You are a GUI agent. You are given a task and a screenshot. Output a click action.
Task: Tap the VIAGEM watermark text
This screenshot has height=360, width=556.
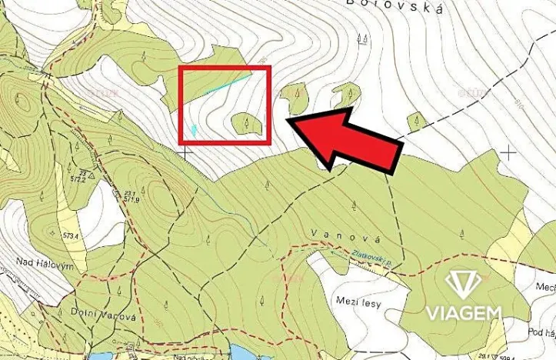pyautogui.click(x=464, y=312)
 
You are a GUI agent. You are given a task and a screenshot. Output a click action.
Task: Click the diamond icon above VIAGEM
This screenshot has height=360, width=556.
pyautogui.click(x=464, y=284)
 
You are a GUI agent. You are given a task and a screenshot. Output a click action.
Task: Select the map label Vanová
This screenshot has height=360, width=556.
pyautogui.click(x=337, y=233)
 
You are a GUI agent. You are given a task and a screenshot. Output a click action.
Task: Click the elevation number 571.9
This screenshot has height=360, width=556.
pyautogui.click(x=132, y=199)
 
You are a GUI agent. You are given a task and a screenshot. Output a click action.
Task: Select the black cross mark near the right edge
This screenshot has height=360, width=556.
pyautogui.click(x=508, y=152)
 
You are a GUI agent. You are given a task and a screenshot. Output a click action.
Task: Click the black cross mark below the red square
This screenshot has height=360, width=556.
pyautogui.click(x=185, y=152)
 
